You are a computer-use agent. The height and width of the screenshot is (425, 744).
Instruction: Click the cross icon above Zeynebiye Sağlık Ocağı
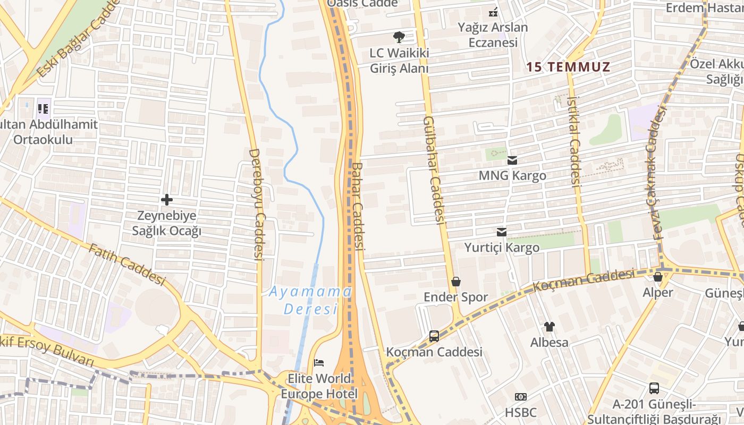tap(167, 200)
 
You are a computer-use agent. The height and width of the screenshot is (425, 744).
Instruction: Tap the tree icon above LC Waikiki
tap(399, 37)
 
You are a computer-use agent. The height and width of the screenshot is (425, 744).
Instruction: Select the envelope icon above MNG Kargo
tap(512, 160)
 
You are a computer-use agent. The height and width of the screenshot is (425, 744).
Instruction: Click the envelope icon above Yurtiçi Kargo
tap(502, 232)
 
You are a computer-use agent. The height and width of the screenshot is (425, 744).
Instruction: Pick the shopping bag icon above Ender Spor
tap(455, 282)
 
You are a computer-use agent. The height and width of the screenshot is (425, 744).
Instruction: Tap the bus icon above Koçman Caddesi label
tap(434, 336)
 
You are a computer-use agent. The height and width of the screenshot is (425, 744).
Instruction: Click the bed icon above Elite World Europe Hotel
tap(319, 363)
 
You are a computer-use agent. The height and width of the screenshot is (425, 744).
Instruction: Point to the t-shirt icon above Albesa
tap(549, 327)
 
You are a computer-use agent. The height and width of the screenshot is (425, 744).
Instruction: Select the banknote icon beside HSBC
tap(521, 397)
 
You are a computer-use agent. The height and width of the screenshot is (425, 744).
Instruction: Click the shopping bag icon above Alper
tap(658, 277)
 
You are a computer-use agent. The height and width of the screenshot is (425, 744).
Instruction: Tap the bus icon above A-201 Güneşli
tap(654, 388)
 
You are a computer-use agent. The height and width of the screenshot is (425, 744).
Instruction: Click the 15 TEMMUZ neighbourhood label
tap(568, 67)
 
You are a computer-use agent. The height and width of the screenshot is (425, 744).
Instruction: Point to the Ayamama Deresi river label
tap(310, 300)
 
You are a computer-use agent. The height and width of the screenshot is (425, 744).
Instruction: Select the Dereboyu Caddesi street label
tap(257, 204)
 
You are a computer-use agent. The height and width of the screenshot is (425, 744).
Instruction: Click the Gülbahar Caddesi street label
tap(433, 169)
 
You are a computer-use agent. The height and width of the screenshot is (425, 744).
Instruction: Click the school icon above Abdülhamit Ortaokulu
tap(43, 109)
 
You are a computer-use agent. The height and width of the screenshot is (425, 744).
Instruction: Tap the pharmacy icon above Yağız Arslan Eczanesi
tap(493, 12)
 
